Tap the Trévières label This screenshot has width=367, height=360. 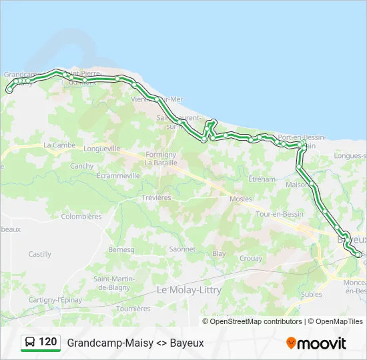click(x=156, y=198)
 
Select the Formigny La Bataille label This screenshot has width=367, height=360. click(x=161, y=158)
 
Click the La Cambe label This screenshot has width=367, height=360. click(x=59, y=145)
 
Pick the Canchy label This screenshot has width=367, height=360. click(x=82, y=166)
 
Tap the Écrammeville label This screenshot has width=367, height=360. click(x=118, y=176)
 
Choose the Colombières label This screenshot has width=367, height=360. click(x=81, y=217)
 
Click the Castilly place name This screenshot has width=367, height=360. click(x=40, y=254)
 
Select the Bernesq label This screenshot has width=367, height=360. click(x=121, y=249)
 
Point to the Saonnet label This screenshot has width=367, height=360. click(x=182, y=249)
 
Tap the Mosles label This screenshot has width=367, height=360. click(x=240, y=199)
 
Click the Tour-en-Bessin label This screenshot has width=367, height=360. click(x=280, y=214)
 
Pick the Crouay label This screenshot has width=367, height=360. click(x=250, y=258)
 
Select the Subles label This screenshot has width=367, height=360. click(x=311, y=294)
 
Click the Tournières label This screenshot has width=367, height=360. click(x=133, y=309)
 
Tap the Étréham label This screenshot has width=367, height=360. click(x=262, y=179)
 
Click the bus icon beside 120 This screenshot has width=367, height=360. click(x=30, y=343)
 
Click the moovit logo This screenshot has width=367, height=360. click(x=316, y=343)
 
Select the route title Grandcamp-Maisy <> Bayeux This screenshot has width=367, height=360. click(x=135, y=343)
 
